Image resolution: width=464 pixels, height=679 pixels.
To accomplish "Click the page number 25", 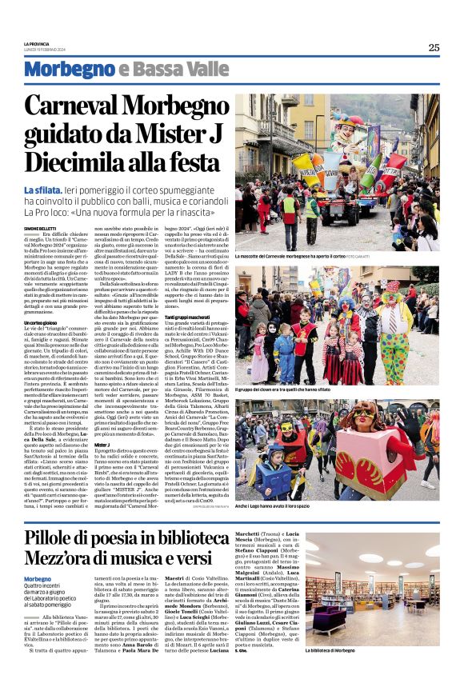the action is point(434,47).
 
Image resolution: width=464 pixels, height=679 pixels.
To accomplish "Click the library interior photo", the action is point(371,593).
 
